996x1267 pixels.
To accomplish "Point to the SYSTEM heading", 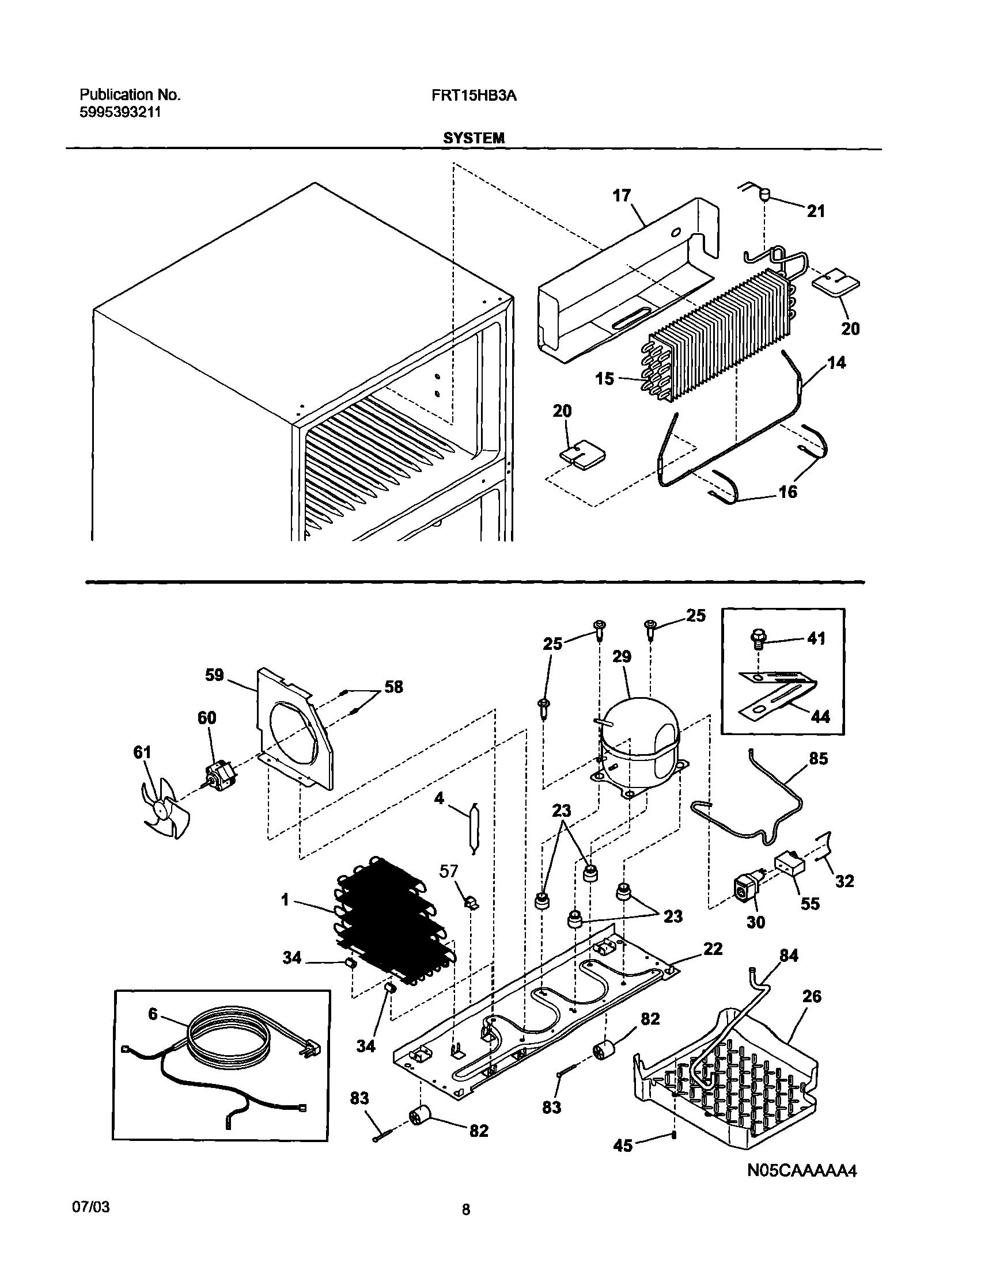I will pyautogui.click(x=474, y=138).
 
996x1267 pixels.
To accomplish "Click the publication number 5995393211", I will pyautogui.click(x=120, y=112).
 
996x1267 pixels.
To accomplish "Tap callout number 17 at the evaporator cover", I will pyautogui.click(x=622, y=195).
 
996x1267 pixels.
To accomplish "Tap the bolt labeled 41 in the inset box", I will pyautogui.click(x=756, y=640).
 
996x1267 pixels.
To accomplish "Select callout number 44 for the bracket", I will pyautogui.click(x=820, y=716).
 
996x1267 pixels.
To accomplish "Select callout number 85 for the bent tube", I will pyautogui.click(x=818, y=758).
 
